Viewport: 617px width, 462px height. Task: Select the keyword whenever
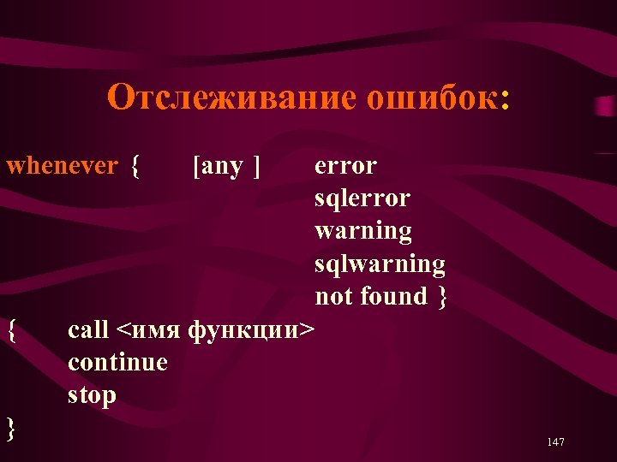tap(62, 166)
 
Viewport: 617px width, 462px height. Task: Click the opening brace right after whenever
tap(135, 166)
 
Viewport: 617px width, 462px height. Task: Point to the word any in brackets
tap(222, 166)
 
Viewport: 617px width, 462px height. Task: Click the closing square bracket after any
tap(256, 166)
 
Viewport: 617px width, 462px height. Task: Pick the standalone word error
tap(345, 166)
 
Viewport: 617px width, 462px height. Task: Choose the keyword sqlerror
tap(362, 198)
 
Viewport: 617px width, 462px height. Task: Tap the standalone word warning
tap(363, 231)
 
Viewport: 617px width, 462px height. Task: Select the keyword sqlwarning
tap(380, 264)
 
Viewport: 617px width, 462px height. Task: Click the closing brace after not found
tap(441, 297)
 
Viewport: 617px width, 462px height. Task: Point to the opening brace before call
tap(10, 329)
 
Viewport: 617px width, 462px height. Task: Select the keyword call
tap(88, 329)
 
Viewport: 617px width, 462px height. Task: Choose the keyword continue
tap(117, 362)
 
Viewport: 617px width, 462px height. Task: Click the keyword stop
tap(92, 395)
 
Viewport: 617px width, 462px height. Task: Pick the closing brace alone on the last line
tap(10, 428)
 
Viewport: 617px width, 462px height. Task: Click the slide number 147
tap(554, 442)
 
